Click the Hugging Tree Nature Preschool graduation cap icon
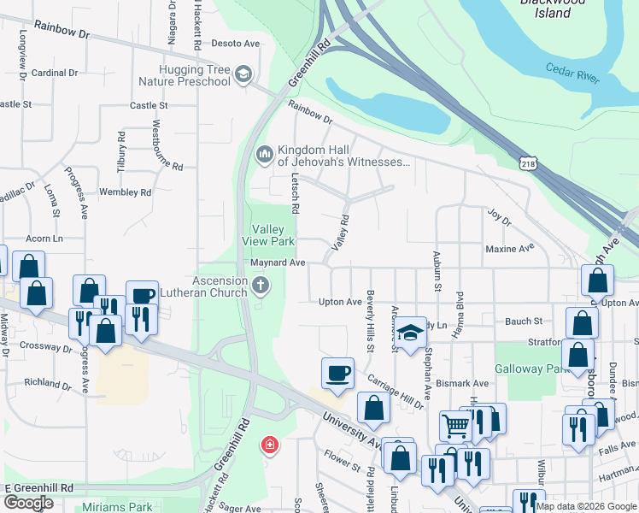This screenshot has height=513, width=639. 243,74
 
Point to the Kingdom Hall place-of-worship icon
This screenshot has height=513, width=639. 263,154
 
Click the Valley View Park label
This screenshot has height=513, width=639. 273,235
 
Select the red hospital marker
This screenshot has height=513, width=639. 269,445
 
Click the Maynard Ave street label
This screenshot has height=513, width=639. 278,262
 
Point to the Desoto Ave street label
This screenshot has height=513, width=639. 234,43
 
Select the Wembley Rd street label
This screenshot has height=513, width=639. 125,192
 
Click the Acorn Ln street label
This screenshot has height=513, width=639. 44,238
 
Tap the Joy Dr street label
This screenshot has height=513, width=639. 498,221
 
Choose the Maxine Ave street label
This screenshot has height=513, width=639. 509,249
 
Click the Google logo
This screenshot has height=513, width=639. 28,503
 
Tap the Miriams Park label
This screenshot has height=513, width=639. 117,507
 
